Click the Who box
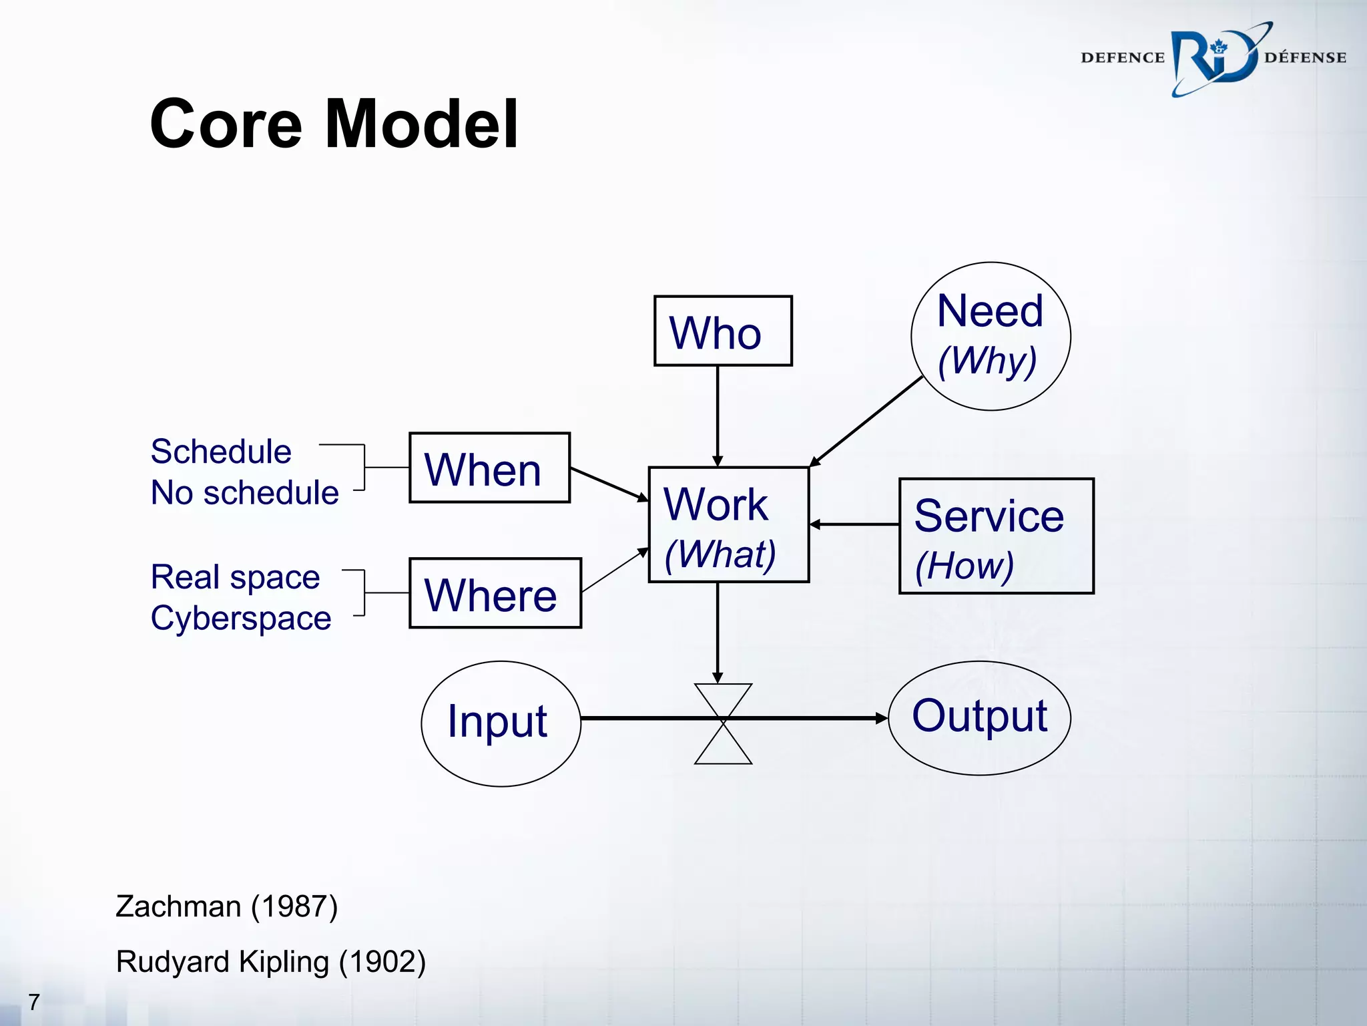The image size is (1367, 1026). point(723,331)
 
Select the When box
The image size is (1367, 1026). point(489,468)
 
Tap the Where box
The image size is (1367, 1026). point(495,593)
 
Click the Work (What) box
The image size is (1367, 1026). point(728,525)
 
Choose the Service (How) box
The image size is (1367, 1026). point(996,536)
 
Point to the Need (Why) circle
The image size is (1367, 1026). point(991,336)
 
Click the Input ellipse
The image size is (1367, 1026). point(501,723)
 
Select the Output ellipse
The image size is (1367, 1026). point(979,718)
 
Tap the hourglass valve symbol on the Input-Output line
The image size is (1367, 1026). point(723,723)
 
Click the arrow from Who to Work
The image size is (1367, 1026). point(718,414)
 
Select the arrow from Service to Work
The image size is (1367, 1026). point(854,525)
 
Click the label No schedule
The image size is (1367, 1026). point(244,493)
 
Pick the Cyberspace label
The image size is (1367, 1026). point(241,619)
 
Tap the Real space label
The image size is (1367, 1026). point(235,577)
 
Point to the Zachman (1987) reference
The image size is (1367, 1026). point(227,907)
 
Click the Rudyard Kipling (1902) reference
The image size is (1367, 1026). point(270,963)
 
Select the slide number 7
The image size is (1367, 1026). point(34,1002)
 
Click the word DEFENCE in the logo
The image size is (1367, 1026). point(1122,58)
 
